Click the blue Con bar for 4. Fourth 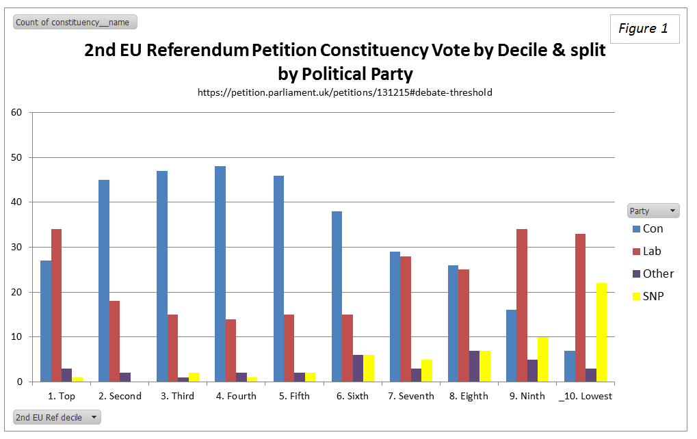(x=220, y=274)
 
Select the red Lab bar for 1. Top (x=56, y=305)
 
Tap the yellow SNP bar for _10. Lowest (x=601, y=332)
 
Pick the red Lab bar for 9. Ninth (x=522, y=305)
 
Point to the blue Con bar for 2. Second (x=104, y=280)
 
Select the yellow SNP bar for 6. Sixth (x=369, y=368)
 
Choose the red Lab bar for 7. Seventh (x=406, y=319)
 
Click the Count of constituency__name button (x=75, y=23)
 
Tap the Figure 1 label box (x=644, y=29)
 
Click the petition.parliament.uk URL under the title (x=345, y=92)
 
